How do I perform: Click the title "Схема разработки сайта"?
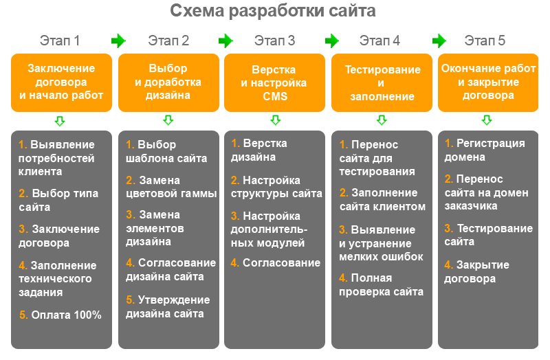(x=272, y=11)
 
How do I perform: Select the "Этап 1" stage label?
(x=60, y=41)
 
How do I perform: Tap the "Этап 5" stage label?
(x=485, y=41)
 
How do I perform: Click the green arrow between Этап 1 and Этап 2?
(x=118, y=41)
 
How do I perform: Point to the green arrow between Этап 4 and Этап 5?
(x=439, y=41)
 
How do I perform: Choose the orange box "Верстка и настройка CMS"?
(x=274, y=82)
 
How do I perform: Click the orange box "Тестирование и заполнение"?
(x=382, y=82)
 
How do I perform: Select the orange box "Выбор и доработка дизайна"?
(x=168, y=82)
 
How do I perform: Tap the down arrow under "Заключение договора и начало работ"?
(x=60, y=121)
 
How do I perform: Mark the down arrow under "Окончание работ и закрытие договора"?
(x=487, y=120)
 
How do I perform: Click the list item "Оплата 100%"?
(x=60, y=315)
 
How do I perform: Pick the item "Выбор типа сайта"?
(x=58, y=200)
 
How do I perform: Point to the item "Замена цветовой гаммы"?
(x=171, y=187)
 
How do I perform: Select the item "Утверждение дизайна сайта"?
(x=168, y=306)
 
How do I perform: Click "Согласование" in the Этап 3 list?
(x=276, y=262)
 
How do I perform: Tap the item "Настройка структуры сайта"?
(x=276, y=187)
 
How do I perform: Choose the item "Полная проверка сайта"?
(x=382, y=284)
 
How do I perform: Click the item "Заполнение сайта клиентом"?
(x=382, y=199)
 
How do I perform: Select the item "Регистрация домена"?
(x=485, y=150)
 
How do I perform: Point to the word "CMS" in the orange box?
(x=276, y=96)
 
